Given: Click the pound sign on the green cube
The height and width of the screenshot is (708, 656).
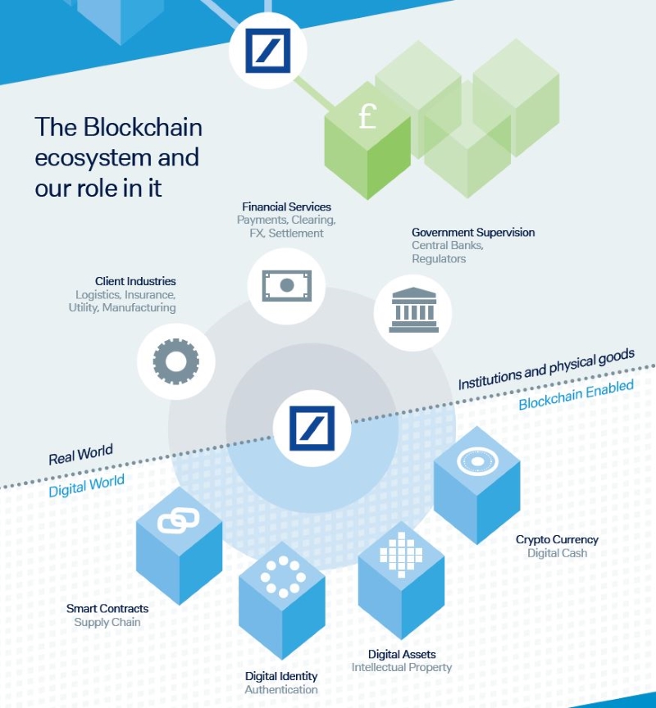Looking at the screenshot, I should (367, 117).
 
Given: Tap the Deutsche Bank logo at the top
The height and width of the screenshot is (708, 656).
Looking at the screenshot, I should (268, 51).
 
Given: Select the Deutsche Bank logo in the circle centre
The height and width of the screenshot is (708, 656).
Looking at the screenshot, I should (312, 429).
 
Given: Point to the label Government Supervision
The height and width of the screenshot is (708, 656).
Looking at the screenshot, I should (473, 233).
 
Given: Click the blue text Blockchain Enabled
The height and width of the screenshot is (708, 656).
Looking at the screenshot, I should (576, 395).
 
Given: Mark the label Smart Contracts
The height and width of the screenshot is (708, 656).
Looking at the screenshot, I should (107, 609).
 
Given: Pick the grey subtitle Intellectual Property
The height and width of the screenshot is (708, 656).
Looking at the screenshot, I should (402, 667).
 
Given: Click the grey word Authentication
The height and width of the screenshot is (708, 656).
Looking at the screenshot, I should (281, 689).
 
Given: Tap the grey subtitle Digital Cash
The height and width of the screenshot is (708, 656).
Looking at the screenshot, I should (557, 553).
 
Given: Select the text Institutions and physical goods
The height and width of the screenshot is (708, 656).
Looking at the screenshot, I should (546, 368).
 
